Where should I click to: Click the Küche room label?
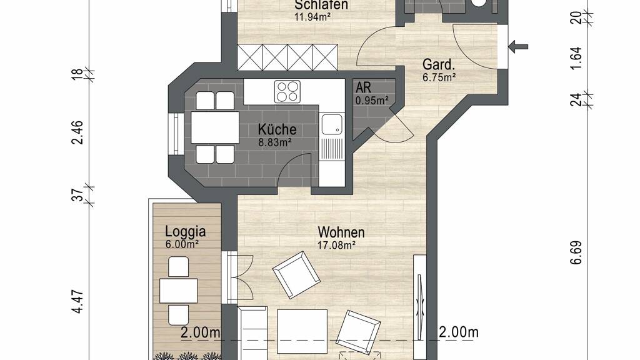277,129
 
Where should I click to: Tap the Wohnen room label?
341,232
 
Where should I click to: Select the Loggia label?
185,231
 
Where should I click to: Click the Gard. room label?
439,64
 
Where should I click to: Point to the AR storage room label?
363,87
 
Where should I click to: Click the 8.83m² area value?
275,142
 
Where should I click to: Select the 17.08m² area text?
337,245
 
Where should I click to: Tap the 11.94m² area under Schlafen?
312,17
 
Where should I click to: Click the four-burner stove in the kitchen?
287,91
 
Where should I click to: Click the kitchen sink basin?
332,124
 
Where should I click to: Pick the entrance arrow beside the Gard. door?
518,46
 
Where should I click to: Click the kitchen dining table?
215,127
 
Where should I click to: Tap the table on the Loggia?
178,291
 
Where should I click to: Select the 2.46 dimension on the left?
77,132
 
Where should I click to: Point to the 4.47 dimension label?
77,302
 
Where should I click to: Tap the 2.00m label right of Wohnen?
458,332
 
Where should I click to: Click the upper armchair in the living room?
296,275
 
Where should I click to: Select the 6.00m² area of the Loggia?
182,244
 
